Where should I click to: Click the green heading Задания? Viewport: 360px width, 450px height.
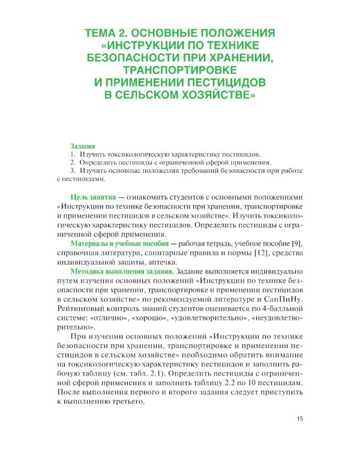pos(83,146)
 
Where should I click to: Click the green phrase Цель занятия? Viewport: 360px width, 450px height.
pos(94,197)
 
